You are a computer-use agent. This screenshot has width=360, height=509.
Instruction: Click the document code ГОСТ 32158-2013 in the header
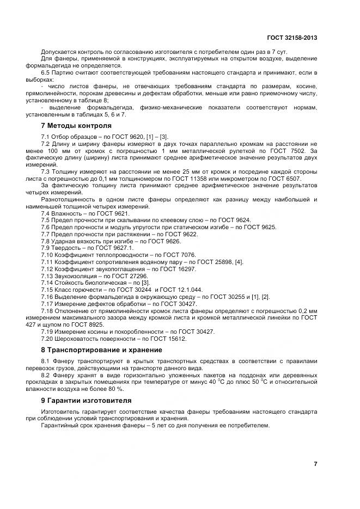point(292,38)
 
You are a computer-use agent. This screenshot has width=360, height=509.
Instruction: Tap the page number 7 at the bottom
point(315,463)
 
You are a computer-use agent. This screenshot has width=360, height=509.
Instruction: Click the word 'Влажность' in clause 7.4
point(68,214)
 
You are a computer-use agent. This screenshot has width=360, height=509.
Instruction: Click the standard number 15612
point(177,338)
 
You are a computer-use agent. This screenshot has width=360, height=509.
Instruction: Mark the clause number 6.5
point(46,72)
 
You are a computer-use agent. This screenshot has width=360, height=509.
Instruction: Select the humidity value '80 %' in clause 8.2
point(115,389)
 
